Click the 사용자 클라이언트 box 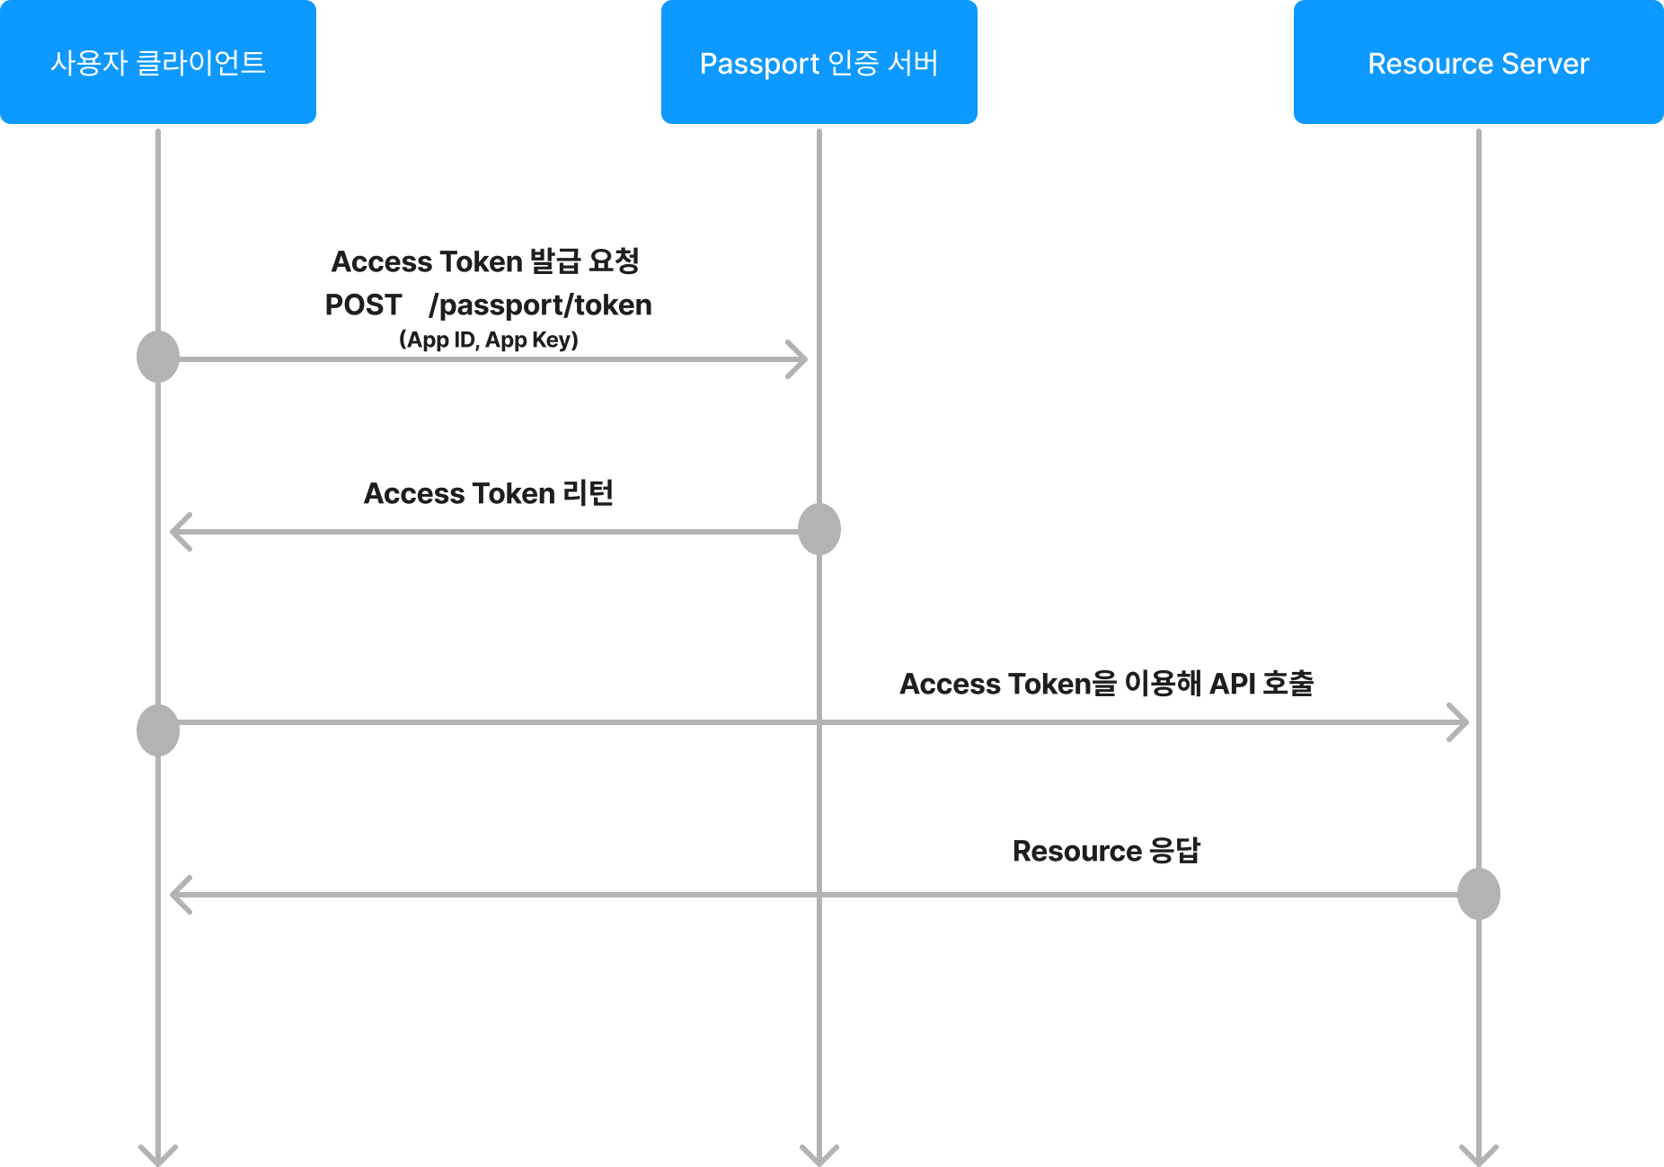click(x=158, y=62)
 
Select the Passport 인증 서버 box click(x=819, y=62)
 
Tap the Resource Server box click(x=1479, y=62)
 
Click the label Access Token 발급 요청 click(x=485, y=261)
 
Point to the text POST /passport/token click(x=489, y=305)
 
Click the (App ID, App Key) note click(x=489, y=340)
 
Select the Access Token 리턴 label click(x=489, y=493)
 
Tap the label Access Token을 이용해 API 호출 click(x=1107, y=684)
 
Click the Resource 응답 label click(x=1107, y=851)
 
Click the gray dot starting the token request click(x=158, y=357)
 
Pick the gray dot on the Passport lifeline click(x=819, y=529)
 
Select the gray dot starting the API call click(x=158, y=730)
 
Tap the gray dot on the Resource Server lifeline click(x=1479, y=894)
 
